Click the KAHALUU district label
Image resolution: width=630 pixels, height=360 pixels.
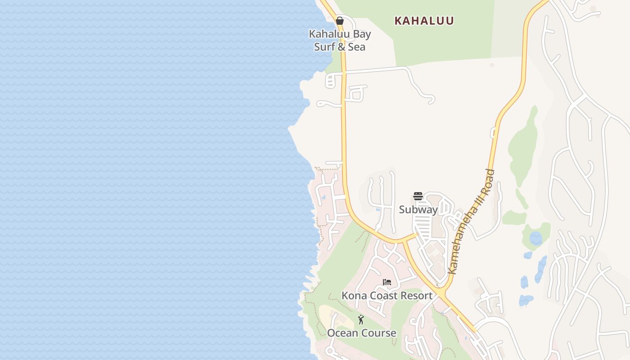424,21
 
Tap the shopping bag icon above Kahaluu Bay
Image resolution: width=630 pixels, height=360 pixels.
340,21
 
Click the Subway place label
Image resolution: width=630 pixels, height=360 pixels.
418,210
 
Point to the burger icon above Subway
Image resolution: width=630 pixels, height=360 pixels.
418,196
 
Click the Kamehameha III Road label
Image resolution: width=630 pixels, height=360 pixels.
472,221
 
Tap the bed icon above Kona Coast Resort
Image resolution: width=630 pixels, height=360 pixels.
387,283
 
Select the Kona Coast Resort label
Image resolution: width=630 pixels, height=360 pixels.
387,296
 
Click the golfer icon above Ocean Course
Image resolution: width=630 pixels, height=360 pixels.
361,319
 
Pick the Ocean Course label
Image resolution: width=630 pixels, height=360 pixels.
362,333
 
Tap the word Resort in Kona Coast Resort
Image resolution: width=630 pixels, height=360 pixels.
416,296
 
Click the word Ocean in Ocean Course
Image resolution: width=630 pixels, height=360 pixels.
341,333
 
